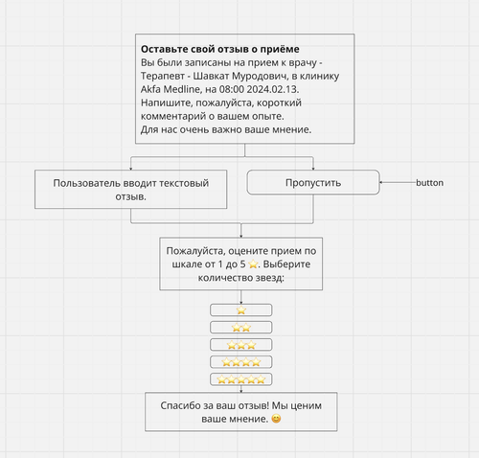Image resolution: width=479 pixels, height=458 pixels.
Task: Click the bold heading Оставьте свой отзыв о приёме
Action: (x=220, y=49)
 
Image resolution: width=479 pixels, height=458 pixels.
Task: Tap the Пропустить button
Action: (x=313, y=182)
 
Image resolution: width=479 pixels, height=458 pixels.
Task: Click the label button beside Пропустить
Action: (x=429, y=183)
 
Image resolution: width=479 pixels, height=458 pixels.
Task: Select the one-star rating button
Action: (x=241, y=310)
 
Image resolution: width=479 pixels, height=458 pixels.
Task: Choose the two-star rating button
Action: (x=241, y=328)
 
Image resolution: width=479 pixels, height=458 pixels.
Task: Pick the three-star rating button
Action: (x=241, y=345)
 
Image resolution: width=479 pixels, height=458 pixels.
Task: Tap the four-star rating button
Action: (x=241, y=362)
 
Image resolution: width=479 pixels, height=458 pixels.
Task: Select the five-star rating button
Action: (x=241, y=379)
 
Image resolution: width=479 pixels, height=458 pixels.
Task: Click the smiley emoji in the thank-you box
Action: (x=276, y=419)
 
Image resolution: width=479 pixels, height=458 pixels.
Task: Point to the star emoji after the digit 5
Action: (x=253, y=264)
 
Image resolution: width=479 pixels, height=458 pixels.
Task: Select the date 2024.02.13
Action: (x=273, y=89)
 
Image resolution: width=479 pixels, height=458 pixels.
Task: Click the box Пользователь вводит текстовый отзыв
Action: (x=131, y=190)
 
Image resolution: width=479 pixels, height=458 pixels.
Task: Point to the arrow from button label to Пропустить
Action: (x=398, y=182)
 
